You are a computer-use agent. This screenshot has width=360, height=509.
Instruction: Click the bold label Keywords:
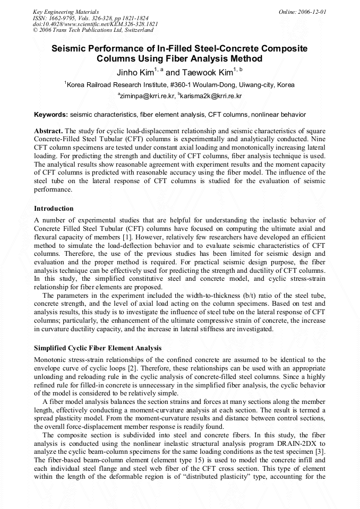(x=51, y=114)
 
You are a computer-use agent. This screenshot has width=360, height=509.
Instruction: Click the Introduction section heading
(x=54, y=209)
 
